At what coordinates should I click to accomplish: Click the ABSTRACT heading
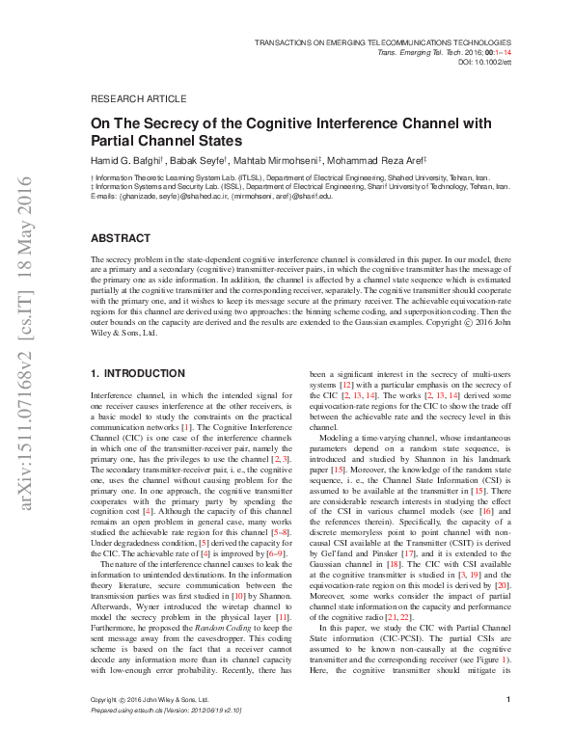click(x=122, y=237)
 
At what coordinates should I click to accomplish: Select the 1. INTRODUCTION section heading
click(x=137, y=372)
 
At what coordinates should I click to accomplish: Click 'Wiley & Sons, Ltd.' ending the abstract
click(x=123, y=333)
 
